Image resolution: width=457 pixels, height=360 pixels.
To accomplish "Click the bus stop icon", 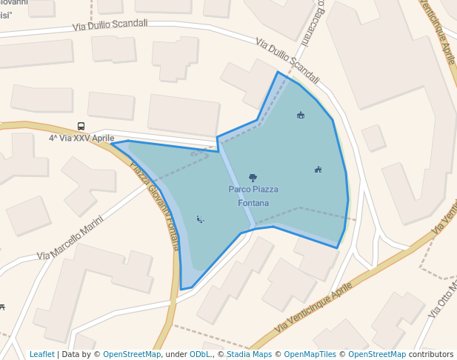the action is point(81,127).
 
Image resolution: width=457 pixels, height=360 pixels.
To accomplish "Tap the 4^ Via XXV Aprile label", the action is point(81,138).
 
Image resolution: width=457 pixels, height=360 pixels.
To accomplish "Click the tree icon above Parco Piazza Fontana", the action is point(253,178).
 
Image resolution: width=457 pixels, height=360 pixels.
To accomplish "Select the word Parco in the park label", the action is point(240,190).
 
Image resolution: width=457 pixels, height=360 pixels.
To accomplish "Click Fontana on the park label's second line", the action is point(253,203).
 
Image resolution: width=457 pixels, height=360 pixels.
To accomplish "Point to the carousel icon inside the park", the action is point(301,115).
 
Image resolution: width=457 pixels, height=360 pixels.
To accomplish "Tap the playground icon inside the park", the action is point(318,170).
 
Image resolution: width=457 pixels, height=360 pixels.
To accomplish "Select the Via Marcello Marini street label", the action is point(70,236).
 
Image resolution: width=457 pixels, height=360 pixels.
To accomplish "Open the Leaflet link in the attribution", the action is point(42,354).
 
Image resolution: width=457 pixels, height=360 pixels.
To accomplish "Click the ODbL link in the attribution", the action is point(199,354).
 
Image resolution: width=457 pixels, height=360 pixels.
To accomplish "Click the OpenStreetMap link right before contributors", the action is point(377,354).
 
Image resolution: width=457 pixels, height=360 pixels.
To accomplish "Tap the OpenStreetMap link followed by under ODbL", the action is point(132,354).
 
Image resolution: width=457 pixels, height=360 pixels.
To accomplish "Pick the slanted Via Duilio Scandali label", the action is point(288,61).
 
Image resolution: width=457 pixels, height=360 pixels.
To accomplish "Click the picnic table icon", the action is point(3,307).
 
